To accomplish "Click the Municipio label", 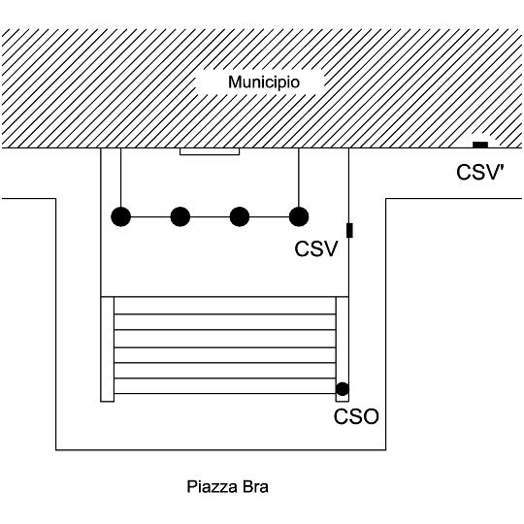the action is [264, 82].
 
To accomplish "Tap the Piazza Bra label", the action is [227, 487].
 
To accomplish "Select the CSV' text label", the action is [480, 173].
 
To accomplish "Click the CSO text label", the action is [356, 416].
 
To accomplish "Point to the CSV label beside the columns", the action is [316, 249].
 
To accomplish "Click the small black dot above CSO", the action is [343, 389].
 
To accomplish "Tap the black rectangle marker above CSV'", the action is [480, 145].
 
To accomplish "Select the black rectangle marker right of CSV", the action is [349, 230].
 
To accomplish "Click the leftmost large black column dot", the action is [121, 216].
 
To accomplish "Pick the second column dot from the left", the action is [180, 216].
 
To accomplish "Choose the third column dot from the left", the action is [240, 216].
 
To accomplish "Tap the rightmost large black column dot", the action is [299, 216].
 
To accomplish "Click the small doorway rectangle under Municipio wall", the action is [210, 151].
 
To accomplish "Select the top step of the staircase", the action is [225, 306].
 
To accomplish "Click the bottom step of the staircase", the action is [225, 386].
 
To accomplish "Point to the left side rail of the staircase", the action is [108, 349].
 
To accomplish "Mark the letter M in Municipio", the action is [235, 82].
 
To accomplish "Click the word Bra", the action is [255, 487].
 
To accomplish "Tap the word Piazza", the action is [212, 487].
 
